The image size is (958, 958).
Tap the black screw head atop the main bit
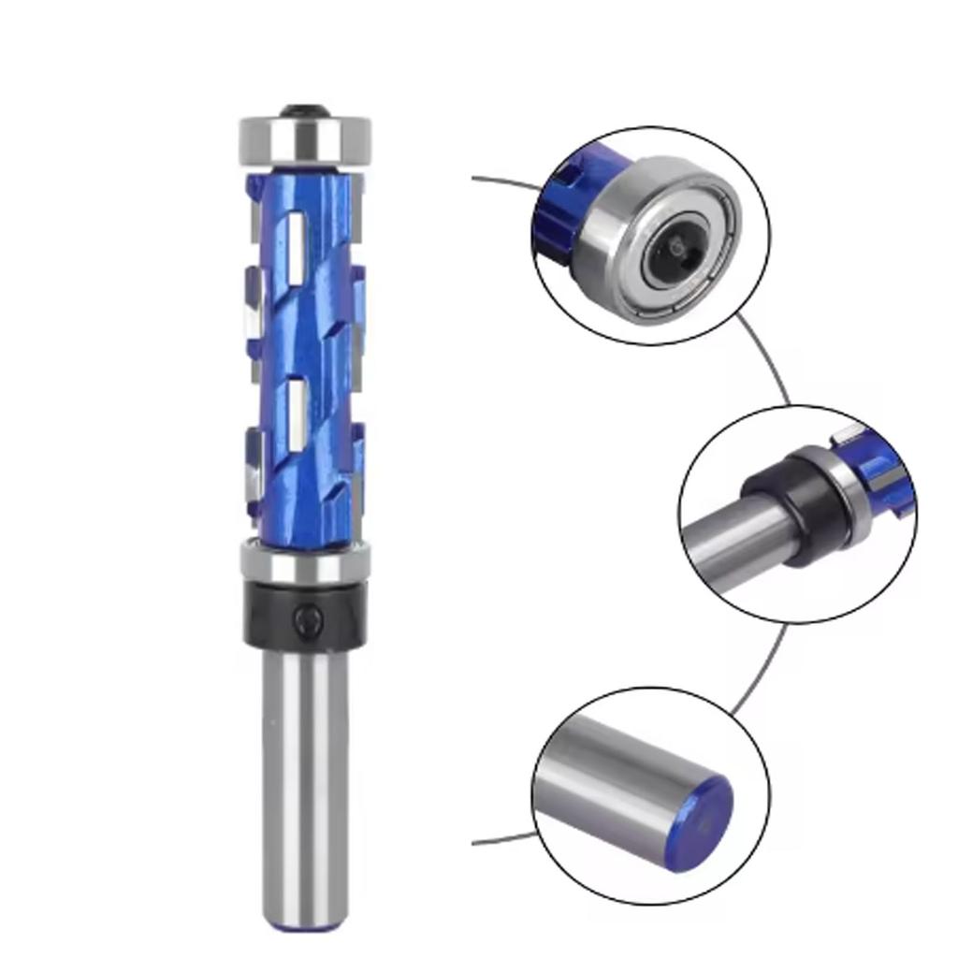pyautogui.click(x=306, y=108)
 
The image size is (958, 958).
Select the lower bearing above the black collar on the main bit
pyautogui.click(x=305, y=561)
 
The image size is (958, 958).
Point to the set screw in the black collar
pyautogui.click(x=305, y=618)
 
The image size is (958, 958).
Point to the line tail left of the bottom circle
pyautogui.click(x=501, y=839)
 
